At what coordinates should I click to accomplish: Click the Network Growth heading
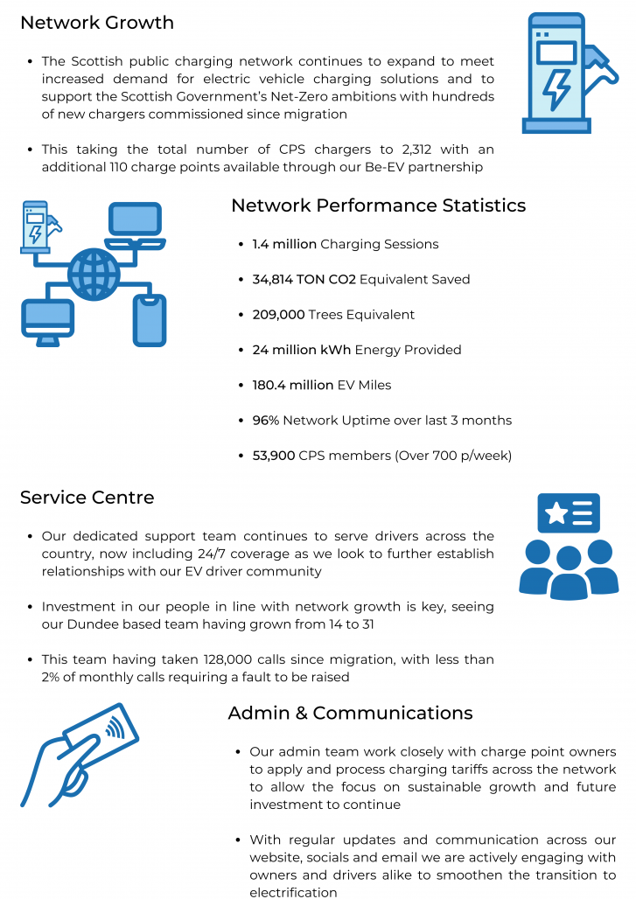coord(97,23)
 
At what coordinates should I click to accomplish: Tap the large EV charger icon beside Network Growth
coord(570,73)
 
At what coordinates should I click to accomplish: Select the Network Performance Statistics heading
coord(379,206)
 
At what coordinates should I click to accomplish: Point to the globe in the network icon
coord(94,274)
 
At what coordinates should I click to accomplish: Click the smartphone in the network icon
coord(150,320)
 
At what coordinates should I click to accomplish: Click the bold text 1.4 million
coord(284,244)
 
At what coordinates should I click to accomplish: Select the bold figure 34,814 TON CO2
coord(304,279)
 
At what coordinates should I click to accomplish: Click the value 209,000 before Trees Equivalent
coord(278,315)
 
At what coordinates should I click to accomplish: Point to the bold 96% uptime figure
coord(266,421)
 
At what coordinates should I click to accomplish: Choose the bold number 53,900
coord(274,456)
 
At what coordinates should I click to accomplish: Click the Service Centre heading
coord(87,497)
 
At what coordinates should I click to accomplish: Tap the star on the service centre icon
coord(556,513)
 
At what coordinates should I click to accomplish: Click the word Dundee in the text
coord(89,624)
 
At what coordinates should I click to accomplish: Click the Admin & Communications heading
coord(351,713)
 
